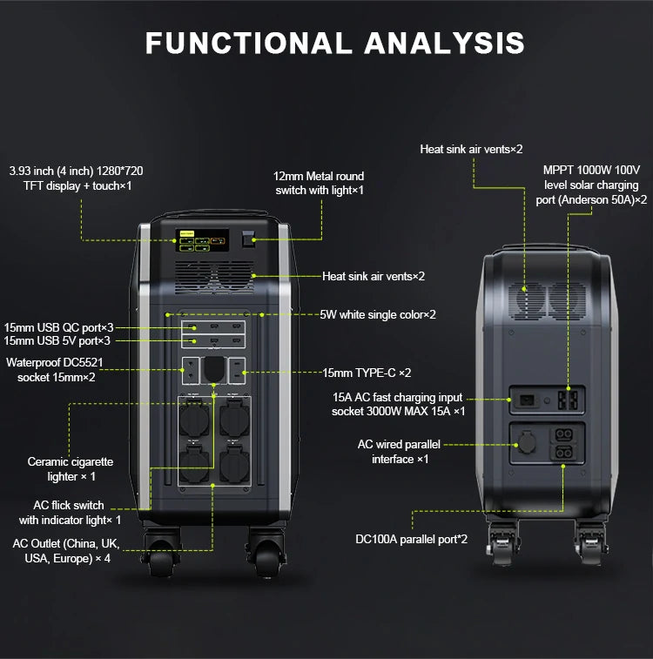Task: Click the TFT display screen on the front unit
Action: click(202, 239)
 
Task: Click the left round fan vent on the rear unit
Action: click(527, 299)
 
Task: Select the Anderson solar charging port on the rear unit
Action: click(569, 400)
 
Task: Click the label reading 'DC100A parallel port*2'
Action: click(411, 539)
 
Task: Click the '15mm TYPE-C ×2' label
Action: click(367, 373)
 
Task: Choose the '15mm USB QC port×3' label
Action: click(57, 326)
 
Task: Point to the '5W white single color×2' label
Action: click(378, 314)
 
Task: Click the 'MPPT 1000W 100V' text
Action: click(591, 171)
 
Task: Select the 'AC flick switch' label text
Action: click(69, 505)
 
